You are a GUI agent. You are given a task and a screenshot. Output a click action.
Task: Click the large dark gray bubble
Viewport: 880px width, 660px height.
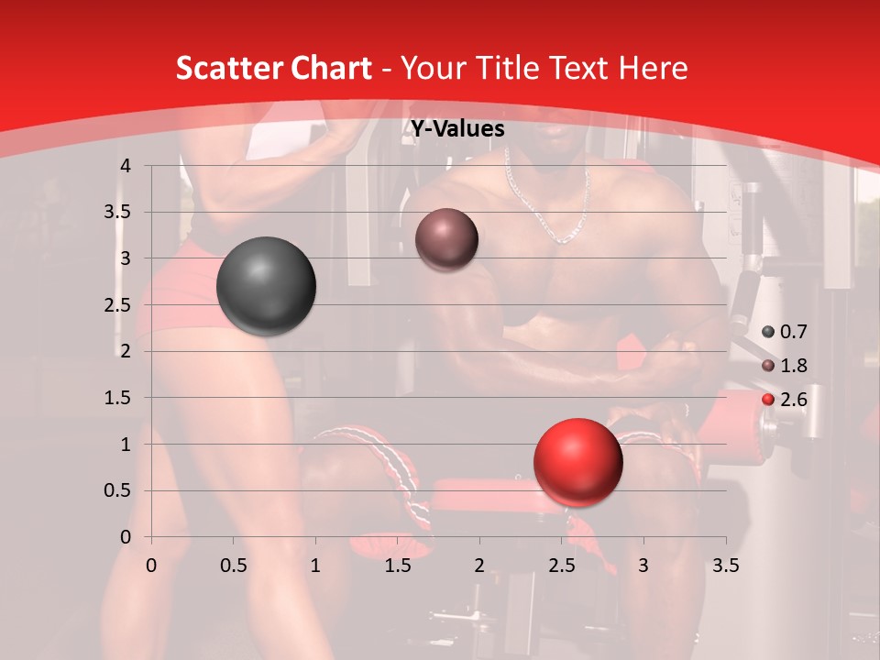coord(266,286)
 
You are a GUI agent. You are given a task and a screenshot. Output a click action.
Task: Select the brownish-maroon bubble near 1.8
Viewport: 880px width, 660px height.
coord(446,239)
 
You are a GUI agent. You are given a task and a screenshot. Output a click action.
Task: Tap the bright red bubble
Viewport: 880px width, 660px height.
coord(577,462)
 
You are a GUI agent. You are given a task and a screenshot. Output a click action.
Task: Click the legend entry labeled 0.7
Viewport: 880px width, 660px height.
coord(786,332)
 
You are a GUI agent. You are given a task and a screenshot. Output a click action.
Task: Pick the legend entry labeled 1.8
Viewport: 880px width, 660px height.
coord(786,366)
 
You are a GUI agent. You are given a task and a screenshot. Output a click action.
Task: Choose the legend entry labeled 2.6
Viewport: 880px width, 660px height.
coord(786,400)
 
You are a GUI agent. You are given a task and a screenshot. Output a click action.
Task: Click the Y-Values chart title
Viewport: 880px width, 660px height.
coord(457,129)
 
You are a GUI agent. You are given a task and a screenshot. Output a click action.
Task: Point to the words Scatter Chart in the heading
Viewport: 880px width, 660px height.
coord(273,68)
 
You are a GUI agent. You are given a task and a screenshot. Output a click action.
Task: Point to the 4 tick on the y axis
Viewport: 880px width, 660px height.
coord(125,166)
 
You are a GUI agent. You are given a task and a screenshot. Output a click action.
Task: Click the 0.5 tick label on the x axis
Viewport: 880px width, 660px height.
coord(234,566)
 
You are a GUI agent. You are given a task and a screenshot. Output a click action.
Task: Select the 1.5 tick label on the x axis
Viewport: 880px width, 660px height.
coord(398,566)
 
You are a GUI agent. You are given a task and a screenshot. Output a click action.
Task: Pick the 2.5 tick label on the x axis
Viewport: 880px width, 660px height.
coord(561,566)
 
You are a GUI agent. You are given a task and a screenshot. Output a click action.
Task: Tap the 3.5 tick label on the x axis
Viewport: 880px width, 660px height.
coord(725,566)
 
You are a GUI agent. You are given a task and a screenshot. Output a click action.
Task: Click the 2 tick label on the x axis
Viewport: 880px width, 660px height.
coord(479,566)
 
